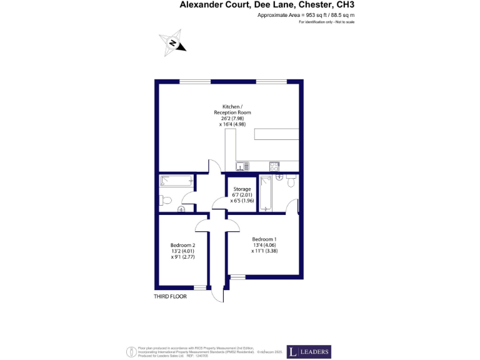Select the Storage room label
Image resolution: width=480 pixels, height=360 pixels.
242,189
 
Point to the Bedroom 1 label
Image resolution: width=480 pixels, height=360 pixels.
264,239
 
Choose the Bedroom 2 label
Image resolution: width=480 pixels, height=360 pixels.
183,246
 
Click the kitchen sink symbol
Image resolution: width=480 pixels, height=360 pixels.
242,166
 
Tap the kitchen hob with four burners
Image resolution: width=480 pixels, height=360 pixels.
274,166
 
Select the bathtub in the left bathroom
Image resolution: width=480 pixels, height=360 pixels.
176,181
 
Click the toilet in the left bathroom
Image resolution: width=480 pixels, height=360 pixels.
164,201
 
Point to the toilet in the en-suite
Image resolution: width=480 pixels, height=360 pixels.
291,182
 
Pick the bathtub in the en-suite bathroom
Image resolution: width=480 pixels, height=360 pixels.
266,193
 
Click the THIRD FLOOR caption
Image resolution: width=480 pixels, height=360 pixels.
170,297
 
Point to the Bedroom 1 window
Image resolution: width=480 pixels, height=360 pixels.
238,276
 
